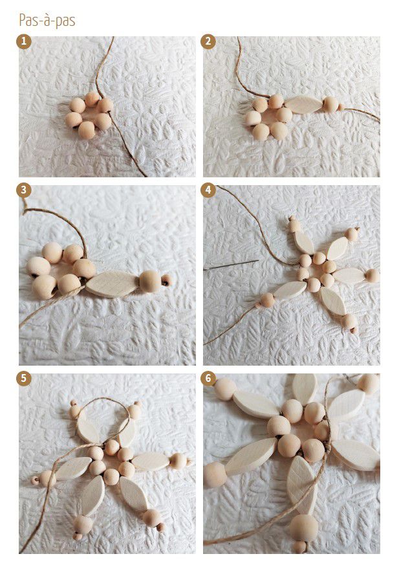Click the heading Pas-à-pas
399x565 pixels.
click(47, 21)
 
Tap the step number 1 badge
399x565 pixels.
click(24, 42)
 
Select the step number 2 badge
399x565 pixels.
click(208, 42)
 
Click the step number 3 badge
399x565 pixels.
click(24, 190)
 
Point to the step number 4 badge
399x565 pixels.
click(208, 190)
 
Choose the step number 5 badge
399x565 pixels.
click(24, 379)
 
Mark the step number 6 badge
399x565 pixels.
click(208, 379)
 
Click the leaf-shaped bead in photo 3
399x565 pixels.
click(112, 284)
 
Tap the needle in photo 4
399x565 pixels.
click(232, 265)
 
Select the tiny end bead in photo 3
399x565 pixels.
click(166, 280)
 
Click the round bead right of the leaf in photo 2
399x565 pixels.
click(330, 104)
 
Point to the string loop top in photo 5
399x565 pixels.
click(104, 399)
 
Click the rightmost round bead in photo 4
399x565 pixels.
click(372, 276)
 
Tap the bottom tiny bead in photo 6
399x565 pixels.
click(299, 547)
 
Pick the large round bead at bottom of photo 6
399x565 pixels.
click(303, 528)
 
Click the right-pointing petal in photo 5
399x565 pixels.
click(151, 461)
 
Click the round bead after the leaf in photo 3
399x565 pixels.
click(150, 281)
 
